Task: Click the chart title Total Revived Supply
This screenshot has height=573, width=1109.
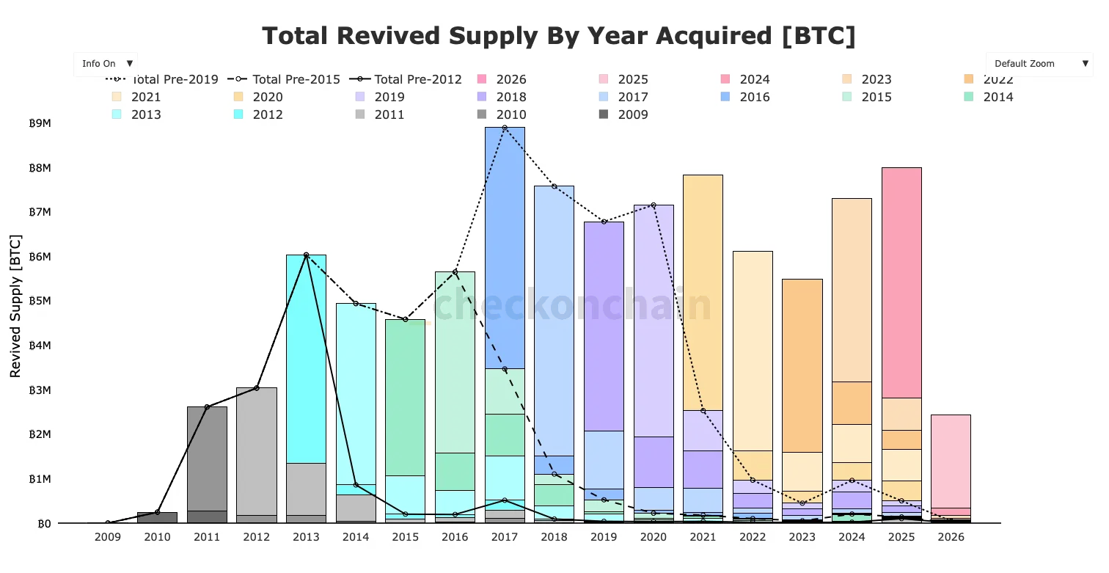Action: click(x=558, y=36)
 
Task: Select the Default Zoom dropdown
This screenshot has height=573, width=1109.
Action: click(x=1039, y=64)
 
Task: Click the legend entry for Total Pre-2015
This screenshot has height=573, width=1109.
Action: click(x=296, y=79)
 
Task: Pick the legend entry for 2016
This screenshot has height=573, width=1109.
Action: click(x=754, y=97)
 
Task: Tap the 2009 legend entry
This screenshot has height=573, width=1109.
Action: click(x=632, y=114)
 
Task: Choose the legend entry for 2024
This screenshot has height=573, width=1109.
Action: click(x=754, y=79)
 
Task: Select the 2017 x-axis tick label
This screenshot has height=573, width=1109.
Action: click(x=505, y=537)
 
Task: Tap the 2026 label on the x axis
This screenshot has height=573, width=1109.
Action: click(x=951, y=537)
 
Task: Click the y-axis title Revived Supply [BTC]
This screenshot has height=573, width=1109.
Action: click(x=15, y=306)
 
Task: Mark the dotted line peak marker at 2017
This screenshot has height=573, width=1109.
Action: click(x=505, y=128)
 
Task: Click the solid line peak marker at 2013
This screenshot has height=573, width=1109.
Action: click(x=306, y=255)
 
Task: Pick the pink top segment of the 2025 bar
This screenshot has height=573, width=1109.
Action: click(x=901, y=282)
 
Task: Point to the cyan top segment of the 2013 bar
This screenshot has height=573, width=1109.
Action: click(x=306, y=359)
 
